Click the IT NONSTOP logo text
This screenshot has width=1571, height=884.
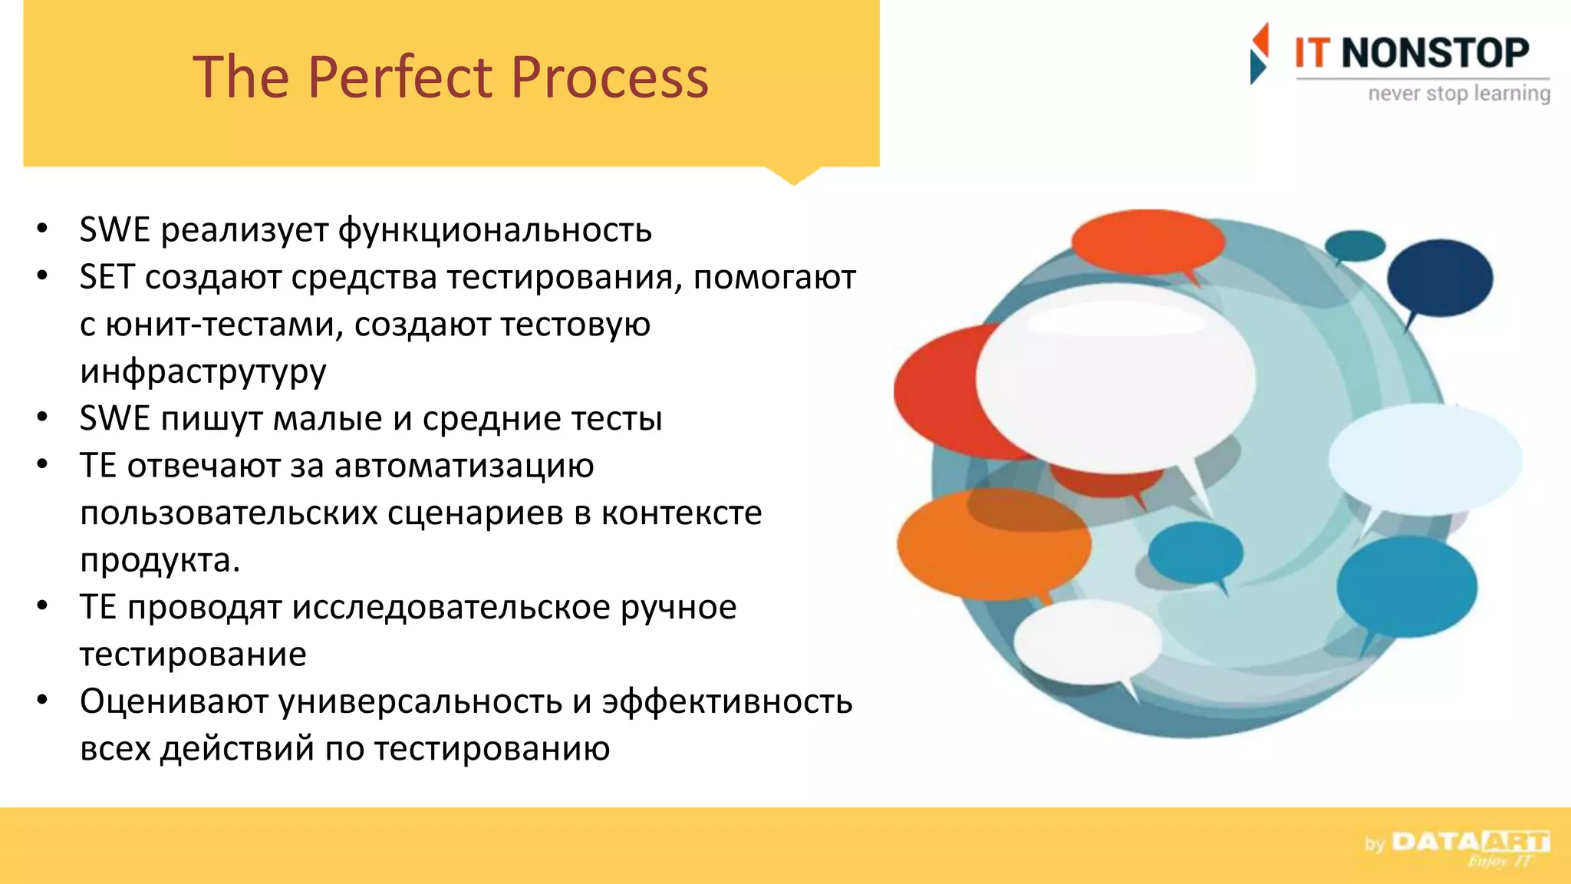(1411, 53)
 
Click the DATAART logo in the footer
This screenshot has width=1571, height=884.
(1470, 843)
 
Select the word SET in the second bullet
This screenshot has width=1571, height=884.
(107, 277)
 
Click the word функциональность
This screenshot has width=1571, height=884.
(495, 230)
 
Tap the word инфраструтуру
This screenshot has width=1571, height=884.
(203, 371)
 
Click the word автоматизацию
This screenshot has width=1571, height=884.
(464, 466)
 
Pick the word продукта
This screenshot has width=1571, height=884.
(160, 560)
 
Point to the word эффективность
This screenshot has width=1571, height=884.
(726, 701)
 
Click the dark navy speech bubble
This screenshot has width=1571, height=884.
(1439, 278)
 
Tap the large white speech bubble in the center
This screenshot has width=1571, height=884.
(1115, 378)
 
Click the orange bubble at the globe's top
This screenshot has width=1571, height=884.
(1148, 241)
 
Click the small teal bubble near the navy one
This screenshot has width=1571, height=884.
(1355, 246)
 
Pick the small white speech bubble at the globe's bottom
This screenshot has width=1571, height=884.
(1088, 642)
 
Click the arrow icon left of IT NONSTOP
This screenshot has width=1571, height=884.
(1259, 54)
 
